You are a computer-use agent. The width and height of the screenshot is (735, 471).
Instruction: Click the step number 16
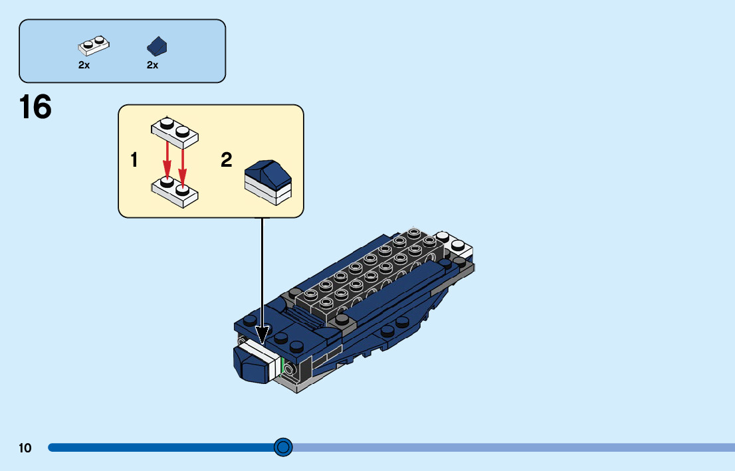[35, 107]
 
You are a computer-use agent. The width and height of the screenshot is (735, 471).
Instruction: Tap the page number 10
[25, 448]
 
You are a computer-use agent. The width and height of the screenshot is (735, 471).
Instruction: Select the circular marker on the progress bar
[284, 447]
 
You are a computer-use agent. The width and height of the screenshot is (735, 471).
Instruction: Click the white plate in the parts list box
[94, 46]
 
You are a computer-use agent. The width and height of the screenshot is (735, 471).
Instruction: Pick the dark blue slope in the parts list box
[157, 47]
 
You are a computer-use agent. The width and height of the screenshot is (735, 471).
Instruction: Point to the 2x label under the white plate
[84, 65]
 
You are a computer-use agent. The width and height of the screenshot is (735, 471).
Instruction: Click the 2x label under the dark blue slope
[152, 65]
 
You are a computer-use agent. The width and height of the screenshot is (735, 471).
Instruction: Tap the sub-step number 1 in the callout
[134, 160]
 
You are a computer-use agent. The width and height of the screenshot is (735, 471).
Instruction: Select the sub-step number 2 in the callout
[227, 160]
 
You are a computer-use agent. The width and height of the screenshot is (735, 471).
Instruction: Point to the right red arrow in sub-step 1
[182, 163]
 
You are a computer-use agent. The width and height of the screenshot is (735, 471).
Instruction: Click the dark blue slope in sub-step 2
[268, 171]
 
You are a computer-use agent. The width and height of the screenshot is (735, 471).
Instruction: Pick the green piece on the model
[284, 366]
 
